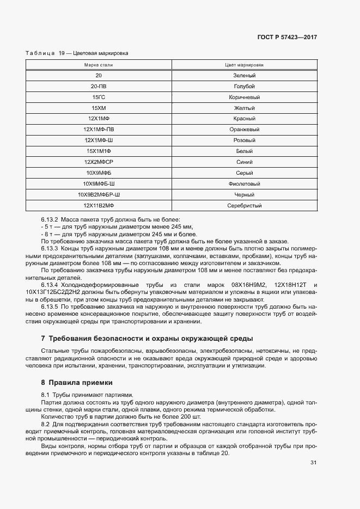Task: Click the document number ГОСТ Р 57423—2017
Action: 286,37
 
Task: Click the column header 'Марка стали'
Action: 99,65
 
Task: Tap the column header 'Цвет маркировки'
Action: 244,65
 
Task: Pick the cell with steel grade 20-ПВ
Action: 99,87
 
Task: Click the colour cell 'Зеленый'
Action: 244,76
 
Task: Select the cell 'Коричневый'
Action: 244,97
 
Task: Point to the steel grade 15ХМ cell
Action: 99,108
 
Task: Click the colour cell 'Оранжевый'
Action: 244,130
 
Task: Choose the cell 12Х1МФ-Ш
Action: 99,140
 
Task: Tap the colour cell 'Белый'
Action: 244,151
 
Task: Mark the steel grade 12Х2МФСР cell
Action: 99,162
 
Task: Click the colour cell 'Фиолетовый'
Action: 244,184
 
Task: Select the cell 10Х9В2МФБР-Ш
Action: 99,194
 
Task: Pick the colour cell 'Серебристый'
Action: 244,206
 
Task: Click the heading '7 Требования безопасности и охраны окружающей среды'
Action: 147,338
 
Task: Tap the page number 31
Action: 313,463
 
